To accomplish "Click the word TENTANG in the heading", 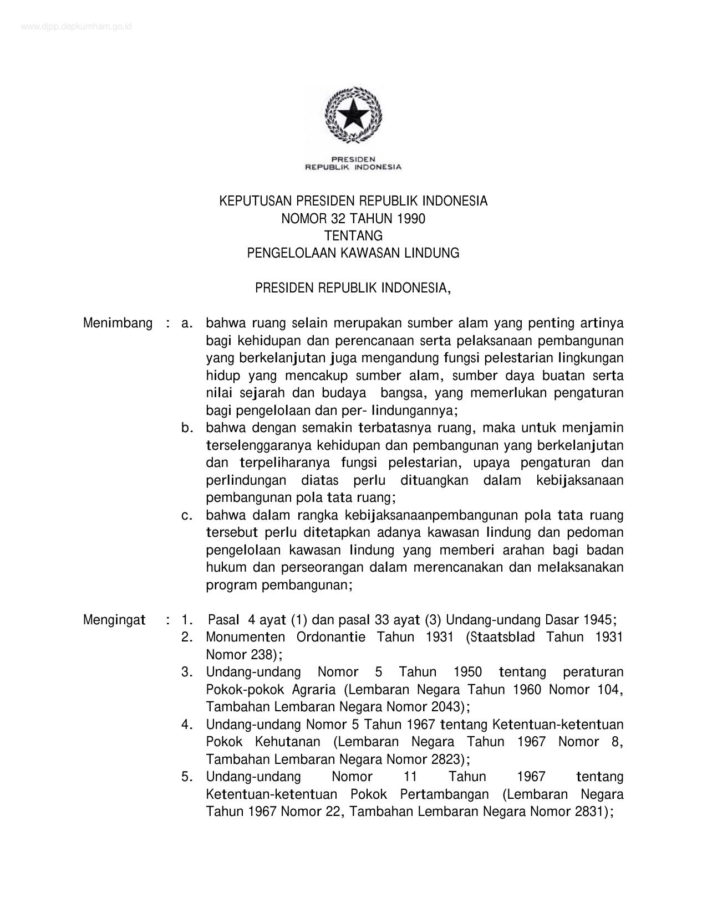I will tap(353, 236).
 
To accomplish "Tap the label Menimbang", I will tap(118, 324).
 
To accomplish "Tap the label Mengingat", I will tap(114, 620).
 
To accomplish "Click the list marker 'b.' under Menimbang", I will tap(187, 428).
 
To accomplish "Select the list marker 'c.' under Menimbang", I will tap(187, 516).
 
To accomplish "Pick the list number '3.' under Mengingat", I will tap(187, 672).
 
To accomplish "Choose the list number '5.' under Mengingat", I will tap(187, 777).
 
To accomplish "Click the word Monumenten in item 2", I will tap(245, 638).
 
